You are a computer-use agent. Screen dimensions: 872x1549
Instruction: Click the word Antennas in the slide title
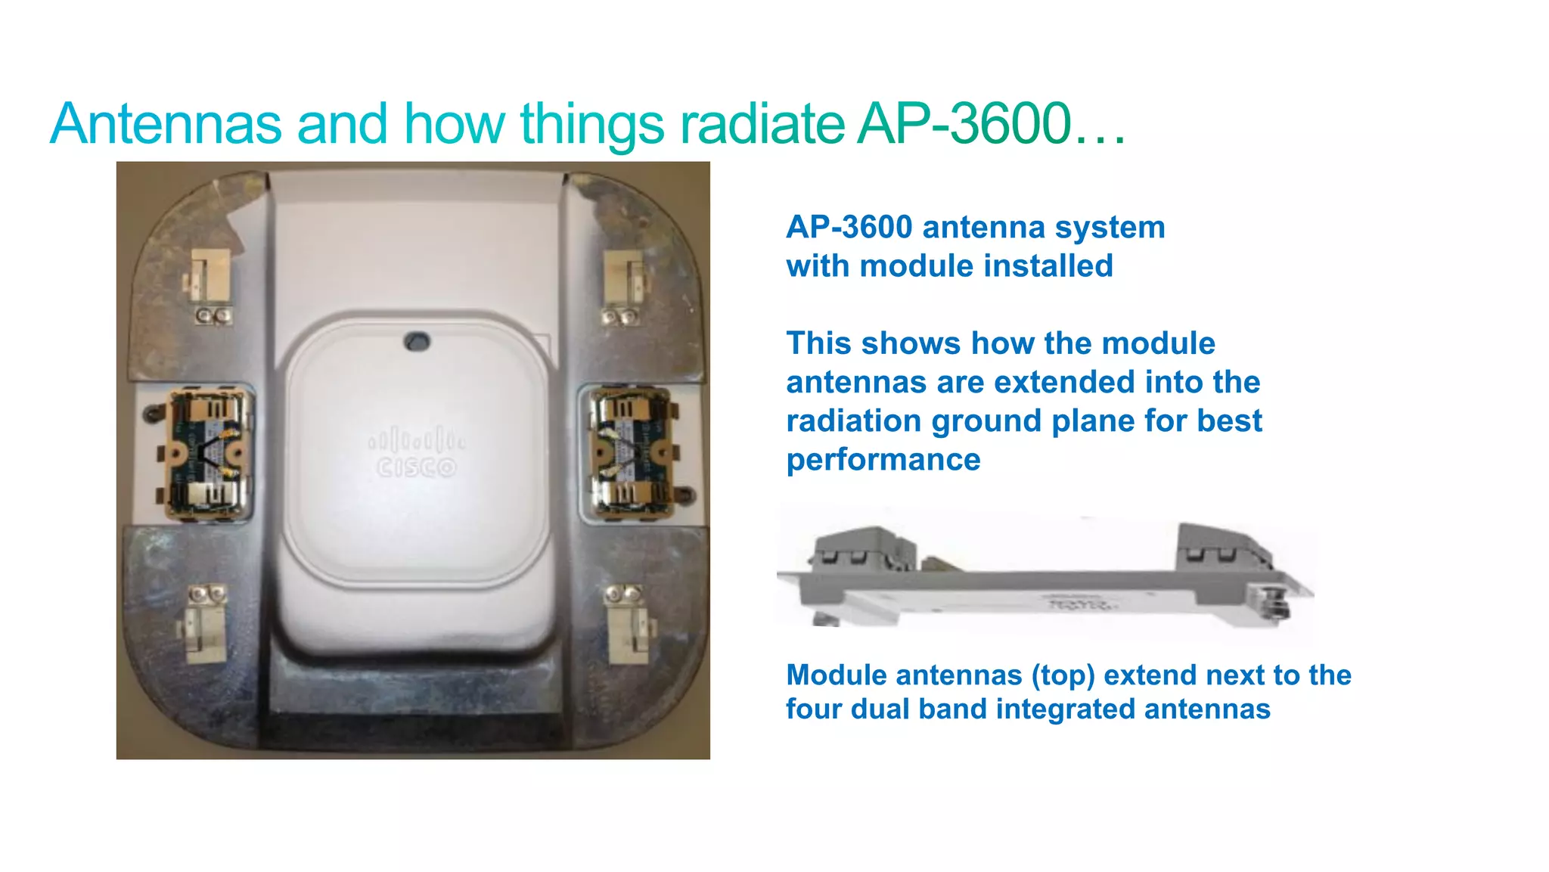click(x=166, y=123)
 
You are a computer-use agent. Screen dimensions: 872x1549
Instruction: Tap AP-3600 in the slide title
click(x=964, y=123)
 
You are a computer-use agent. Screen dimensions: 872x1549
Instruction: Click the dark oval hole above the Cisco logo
click(x=417, y=341)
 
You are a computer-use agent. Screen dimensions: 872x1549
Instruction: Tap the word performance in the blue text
click(x=883, y=460)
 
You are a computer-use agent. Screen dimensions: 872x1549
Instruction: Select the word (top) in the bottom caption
click(x=1063, y=675)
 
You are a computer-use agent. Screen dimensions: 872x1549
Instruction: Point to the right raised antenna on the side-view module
click(x=1218, y=543)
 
